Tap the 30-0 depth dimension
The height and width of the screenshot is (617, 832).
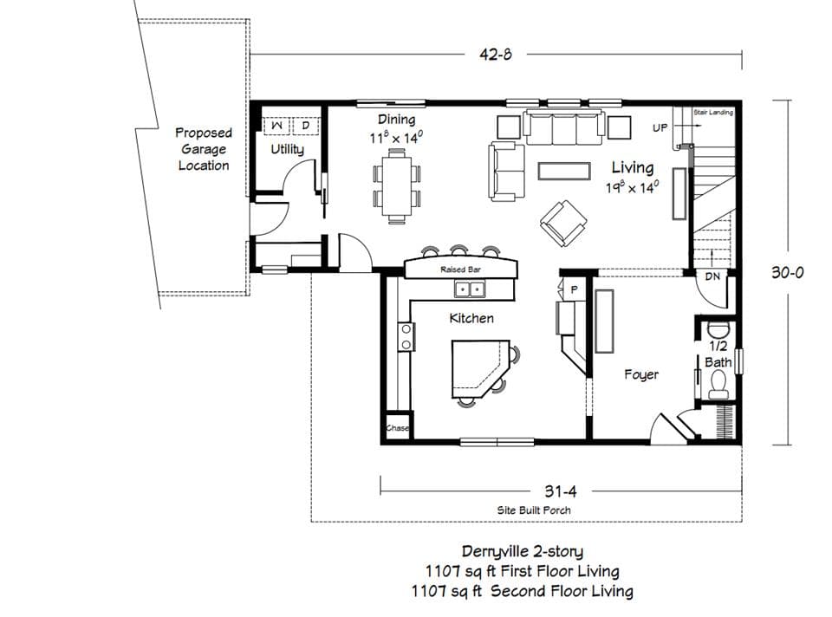[x=788, y=271]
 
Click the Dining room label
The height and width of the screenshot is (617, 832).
[x=396, y=120]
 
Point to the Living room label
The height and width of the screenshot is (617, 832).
[x=633, y=167]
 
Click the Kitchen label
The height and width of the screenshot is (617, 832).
[x=471, y=318]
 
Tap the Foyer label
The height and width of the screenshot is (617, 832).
[x=641, y=374]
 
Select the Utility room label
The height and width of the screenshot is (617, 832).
[x=287, y=149]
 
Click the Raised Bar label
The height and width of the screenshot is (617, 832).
[x=460, y=270]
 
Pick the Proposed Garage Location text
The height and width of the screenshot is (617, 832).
[x=204, y=149]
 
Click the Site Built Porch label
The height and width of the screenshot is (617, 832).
[x=534, y=510]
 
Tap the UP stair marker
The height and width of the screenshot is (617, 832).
[x=660, y=127]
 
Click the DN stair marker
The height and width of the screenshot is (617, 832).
[x=712, y=276]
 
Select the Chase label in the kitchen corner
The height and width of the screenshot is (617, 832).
[x=397, y=429]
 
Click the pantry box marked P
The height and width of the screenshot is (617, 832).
[x=574, y=289]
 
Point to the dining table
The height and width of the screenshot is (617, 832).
[x=398, y=183]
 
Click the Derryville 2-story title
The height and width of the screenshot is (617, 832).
[x=523, y=551]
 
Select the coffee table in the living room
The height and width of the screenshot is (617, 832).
[x=563, y=170]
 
